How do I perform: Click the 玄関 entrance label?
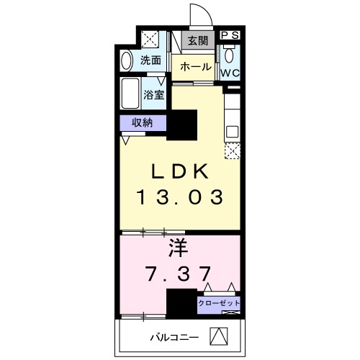coord(198,41)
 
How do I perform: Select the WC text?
coord(230,73)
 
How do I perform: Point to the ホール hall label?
coord(195,67)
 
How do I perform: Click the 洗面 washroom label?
coord(150,60)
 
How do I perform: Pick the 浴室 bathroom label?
coord(153,94)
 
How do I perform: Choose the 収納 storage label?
coord(143,122)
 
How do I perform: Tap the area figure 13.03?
coord(179,197)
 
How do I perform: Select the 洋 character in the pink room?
coord(179,249)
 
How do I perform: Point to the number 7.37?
coord(179,274)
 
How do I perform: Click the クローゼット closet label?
coord(220,303)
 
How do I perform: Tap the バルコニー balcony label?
coord(171,337)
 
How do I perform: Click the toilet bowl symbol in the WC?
coord(230,55)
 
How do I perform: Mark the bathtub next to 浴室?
coord(131,94)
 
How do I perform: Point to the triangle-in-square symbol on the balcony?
coord(219,336)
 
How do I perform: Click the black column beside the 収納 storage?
coord(182,128)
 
